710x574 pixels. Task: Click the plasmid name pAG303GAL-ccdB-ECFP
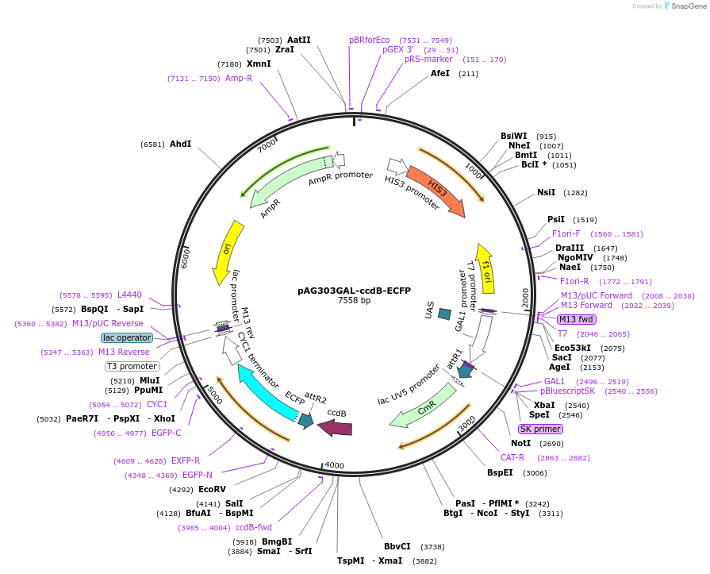pos(354,291)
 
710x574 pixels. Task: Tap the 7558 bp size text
pos(354,301)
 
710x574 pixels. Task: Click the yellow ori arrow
pos(228,252)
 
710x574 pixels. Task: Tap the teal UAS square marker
pos(444,314)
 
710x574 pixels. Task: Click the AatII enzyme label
pos(299,40)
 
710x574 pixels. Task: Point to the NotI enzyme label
pos(521,443)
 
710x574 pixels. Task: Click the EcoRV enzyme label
pos(212,489)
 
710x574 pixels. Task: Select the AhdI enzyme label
pos(181,144)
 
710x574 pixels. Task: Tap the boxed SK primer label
pos(540,429)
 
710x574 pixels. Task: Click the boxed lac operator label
pos(127,337)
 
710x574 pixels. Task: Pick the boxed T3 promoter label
pos(132,366)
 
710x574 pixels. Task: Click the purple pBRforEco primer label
pos(370,40)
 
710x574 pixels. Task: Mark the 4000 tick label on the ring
pos(335,465)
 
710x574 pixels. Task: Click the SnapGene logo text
pos(688,6)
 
